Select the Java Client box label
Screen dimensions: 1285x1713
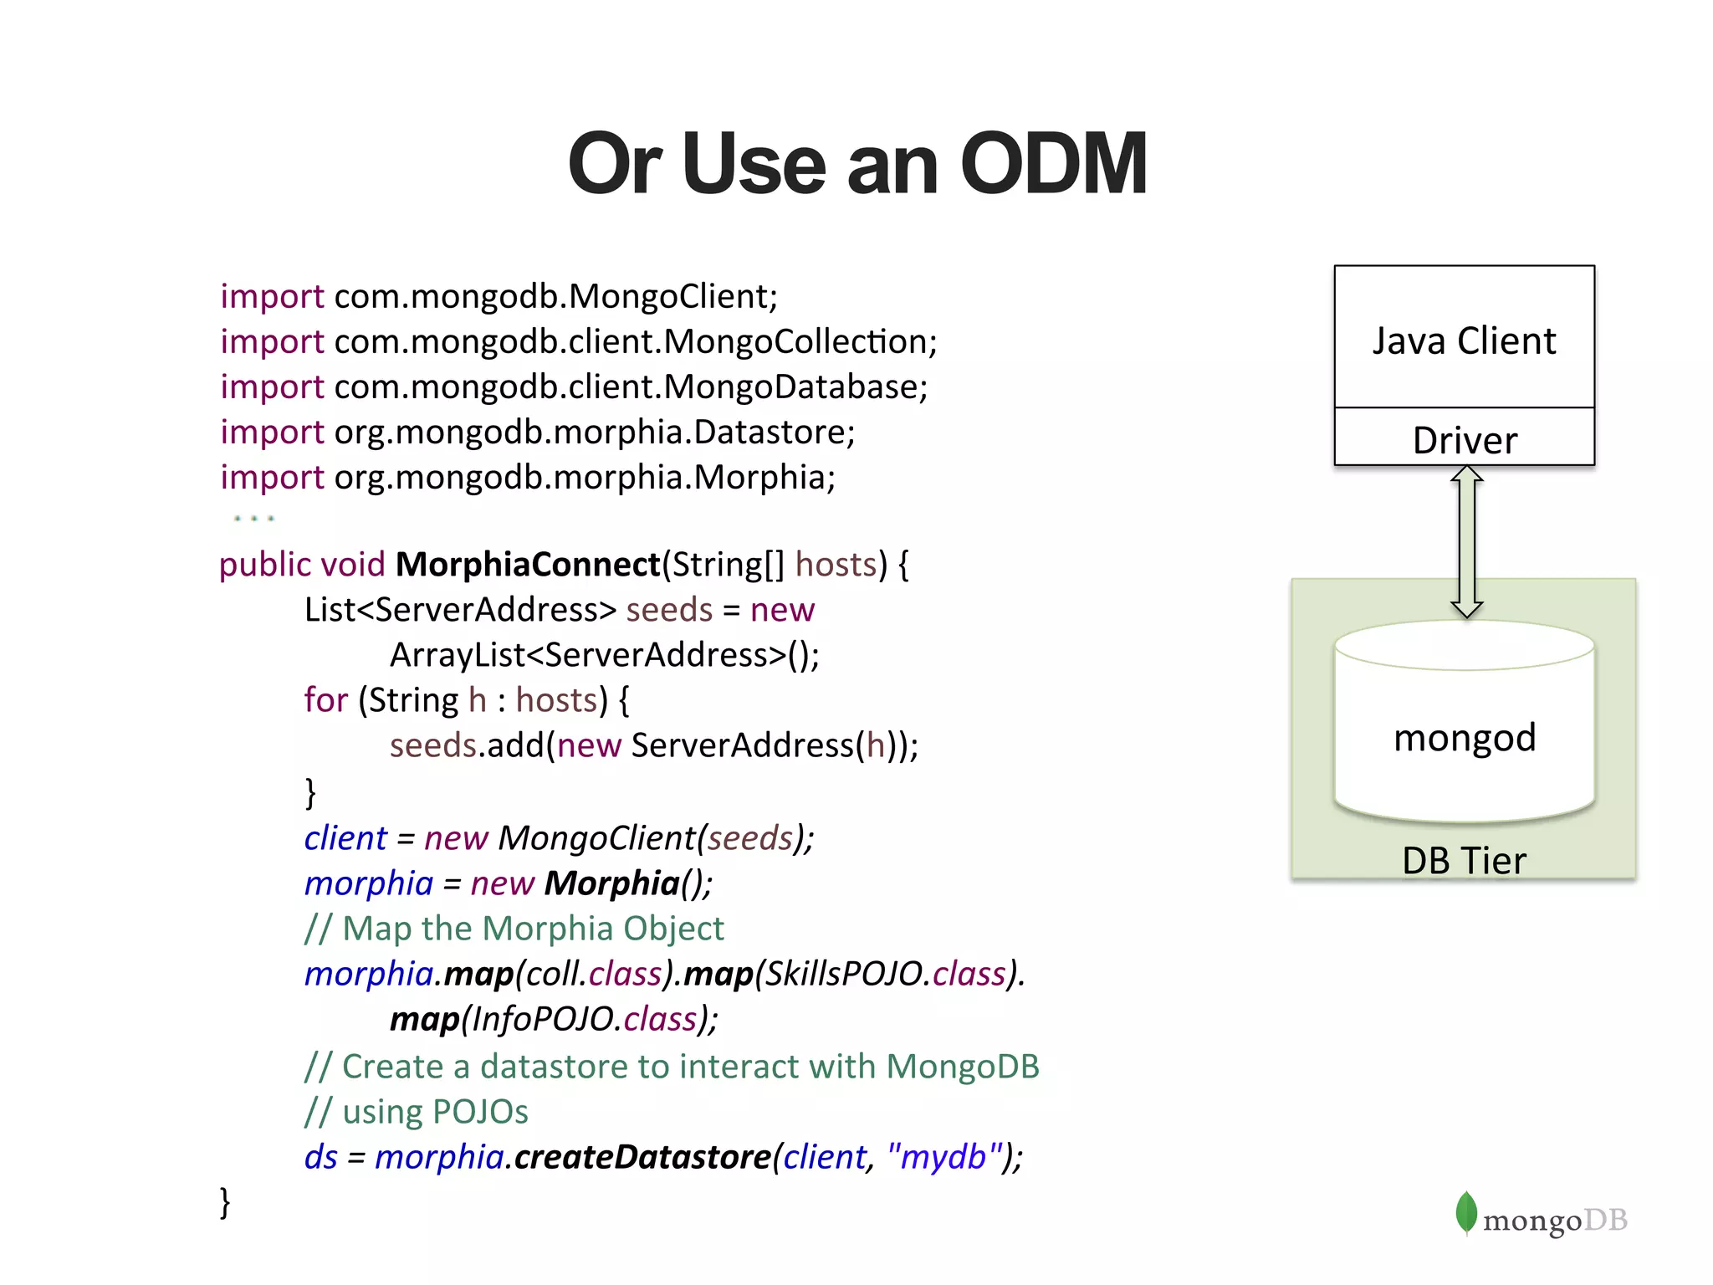coord(1464,341)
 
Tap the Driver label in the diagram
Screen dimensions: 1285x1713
coord(1464,440)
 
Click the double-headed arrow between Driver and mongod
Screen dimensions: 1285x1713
coord(1466,541)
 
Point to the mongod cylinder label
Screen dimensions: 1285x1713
coord(1464,737)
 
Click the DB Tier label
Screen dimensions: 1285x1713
coord(1464,861)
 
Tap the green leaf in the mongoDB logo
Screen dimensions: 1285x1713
coord(1465,1212)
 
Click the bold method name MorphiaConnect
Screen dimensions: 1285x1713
coord(528,565)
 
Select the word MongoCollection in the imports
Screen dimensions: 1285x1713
coord(795,341)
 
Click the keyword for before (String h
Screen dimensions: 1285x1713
coord(325,700)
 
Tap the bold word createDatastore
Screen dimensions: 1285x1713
coord(642,1157)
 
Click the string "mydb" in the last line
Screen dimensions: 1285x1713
coord(944,1157)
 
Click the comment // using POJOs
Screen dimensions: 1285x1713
coord(417,1112)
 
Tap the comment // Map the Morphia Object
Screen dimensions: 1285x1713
coord(514,929)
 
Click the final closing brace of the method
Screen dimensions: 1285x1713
coord(224,1202)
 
